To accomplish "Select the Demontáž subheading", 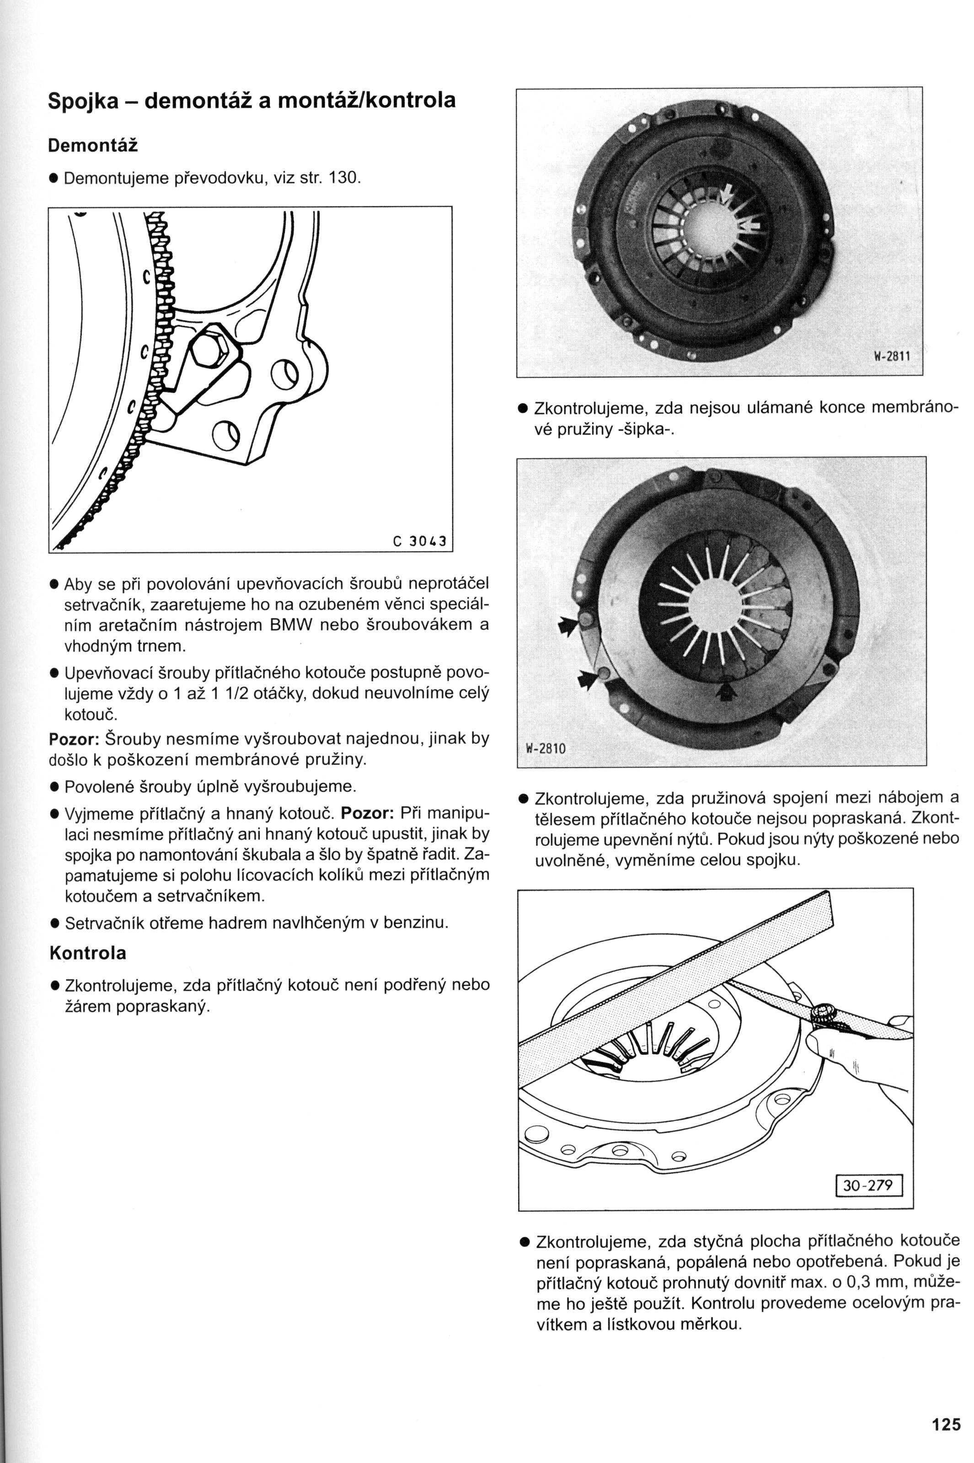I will pyautogui.click(x=92, y=146).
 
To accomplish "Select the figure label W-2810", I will pyautogui.click(x=546, y=748).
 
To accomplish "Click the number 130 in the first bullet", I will pyautogui.click(x=341, y=179).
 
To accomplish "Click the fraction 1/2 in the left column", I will pyautogui.click(x=239, y=693).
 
